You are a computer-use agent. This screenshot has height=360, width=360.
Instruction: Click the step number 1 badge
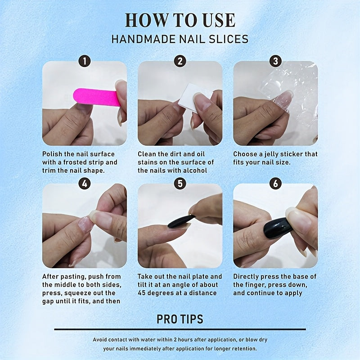(x=84, y=61)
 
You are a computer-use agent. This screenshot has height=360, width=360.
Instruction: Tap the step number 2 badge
(x=180, y=61)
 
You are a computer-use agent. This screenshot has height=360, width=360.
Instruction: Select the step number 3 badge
(x=275, y=61)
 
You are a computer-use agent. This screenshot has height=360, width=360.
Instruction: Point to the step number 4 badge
(x=84, y=183)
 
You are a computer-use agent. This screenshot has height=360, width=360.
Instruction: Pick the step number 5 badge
(x=180, y=183)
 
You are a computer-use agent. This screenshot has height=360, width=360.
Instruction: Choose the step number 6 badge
(x=275, y=183)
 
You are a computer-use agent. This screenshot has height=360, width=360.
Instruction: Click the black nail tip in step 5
(x=181, y=221)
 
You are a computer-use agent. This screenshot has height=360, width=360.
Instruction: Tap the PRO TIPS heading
(x=180, y=319)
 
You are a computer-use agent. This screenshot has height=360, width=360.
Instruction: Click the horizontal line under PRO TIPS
(x=180, y=329)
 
